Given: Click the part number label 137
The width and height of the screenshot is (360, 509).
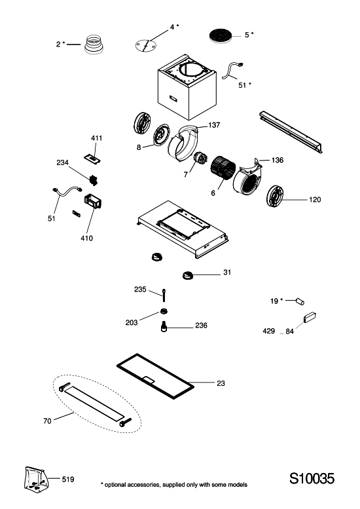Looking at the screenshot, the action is point(214,125).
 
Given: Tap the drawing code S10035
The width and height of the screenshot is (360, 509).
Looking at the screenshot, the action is point(312,478).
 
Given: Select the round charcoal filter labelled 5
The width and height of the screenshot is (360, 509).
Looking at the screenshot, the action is point(221,35).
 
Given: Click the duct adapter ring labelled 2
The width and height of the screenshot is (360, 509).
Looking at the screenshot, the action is point(94,44).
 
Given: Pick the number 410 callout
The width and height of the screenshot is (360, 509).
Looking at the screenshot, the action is point(86,238).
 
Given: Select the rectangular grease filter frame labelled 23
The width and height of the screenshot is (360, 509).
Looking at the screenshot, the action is point(155,377).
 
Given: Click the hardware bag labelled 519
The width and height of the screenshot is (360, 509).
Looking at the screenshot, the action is point(36,478).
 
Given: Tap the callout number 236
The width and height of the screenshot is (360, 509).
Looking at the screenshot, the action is point(201,326).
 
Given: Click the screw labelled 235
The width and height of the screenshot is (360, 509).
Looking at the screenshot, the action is point(164,295).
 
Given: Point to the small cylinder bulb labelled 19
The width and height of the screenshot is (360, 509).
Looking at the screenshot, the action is point(300,301).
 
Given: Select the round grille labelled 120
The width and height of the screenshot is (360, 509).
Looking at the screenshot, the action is point(275,197).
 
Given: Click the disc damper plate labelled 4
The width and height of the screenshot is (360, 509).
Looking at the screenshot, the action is point(145,45).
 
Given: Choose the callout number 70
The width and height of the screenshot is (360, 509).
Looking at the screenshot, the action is point(47,421).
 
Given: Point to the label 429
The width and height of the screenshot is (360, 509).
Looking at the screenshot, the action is point(268,331).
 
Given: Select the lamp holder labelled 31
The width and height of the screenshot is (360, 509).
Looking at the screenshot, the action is point(187,275).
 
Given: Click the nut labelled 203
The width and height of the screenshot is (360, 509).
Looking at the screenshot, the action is point(164,312).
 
